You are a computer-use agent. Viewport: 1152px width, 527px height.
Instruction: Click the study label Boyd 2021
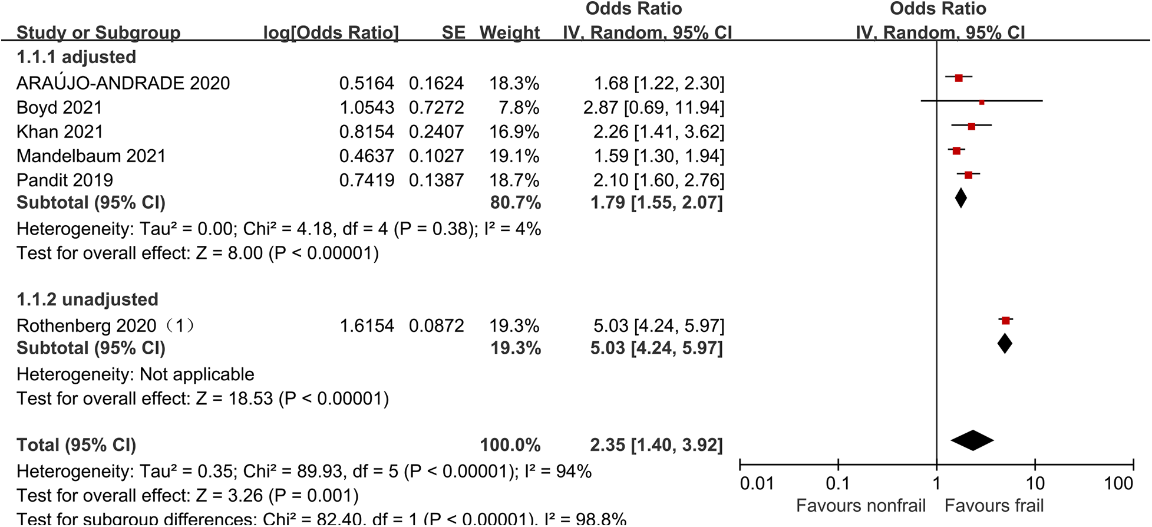60,108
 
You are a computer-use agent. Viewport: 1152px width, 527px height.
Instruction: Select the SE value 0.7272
436,108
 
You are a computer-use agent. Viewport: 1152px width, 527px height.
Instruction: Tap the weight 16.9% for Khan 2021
514,132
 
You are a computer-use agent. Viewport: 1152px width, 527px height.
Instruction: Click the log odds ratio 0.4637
367,156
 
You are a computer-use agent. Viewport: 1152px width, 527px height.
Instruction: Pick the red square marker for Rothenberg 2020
1006,321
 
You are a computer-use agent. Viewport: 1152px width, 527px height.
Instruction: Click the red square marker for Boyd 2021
982,102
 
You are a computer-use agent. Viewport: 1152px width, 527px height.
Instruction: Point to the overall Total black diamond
972,440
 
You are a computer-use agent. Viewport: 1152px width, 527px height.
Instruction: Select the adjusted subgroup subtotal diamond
960,198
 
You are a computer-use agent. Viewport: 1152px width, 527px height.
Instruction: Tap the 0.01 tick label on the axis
757,484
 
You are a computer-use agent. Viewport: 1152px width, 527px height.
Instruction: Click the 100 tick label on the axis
1118,484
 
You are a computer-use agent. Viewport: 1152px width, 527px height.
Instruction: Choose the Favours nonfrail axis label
860,506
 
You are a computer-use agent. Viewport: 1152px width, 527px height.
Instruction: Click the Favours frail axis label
994,506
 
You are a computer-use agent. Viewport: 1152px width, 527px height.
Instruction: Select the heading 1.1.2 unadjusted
87,299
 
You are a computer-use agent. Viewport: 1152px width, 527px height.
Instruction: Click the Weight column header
510,32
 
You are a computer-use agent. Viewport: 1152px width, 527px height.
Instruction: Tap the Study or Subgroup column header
98,32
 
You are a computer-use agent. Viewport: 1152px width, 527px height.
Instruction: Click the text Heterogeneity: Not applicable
136,374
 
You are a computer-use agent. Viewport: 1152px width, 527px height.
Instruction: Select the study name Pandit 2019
65,180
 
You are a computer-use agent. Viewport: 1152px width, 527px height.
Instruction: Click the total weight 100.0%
510,445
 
